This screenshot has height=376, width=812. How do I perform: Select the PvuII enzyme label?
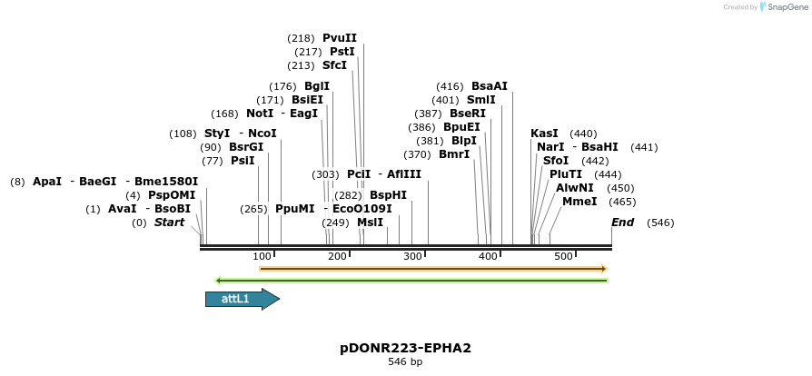click(x=340, y=38)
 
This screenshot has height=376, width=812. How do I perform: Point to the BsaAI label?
click(x=490, y=86)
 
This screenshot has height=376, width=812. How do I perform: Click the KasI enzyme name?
click(x=544, y=134)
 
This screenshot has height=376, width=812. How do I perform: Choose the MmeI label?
click(x=579, y=201)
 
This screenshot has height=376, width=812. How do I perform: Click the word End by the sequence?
click(x=623, y=223)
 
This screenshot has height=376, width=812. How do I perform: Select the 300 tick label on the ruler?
click(x=412, y=257)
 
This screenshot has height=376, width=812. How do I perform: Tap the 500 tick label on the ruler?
click(x=563, y=257)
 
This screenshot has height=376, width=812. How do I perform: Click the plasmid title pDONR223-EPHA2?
click(x=405, y=348)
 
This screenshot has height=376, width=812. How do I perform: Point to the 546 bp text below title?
click(x=405, y=362)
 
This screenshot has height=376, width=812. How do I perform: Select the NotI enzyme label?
click(x=260, y=114)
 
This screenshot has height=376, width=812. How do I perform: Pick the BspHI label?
click(x=388, y=195)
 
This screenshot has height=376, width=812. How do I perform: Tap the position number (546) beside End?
click(x=660, y=223)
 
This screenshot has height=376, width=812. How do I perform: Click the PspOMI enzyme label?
click(x=173, y=195)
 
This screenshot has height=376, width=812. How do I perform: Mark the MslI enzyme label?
click(x=370, y=223)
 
